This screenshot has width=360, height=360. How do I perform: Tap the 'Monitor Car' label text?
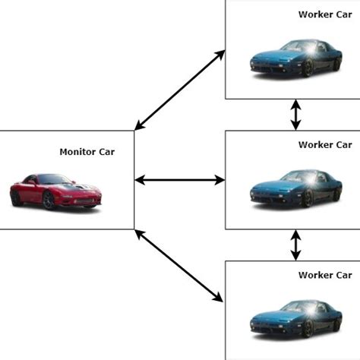(x=87, y=152)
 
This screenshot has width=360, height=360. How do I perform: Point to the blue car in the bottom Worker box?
(x=295, y=318)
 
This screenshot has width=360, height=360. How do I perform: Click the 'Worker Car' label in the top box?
(x=325, y=14)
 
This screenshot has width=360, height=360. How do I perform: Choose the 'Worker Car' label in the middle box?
(x=325, y=144)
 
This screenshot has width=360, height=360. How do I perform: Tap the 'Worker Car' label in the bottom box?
(x=325, y=274)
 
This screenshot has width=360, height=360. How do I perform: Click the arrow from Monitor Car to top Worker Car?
(x=179, y=90)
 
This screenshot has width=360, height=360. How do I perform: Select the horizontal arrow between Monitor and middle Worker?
(x=179, y=180)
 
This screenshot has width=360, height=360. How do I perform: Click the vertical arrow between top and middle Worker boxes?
(x=295, y=115)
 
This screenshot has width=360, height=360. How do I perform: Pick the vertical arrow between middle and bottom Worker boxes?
(x=295, y=245)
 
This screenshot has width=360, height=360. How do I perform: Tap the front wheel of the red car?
(x=49, y=201)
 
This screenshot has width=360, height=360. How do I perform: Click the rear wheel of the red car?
(x=17, y=197)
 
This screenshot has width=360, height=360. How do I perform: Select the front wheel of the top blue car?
(x=307, y=68)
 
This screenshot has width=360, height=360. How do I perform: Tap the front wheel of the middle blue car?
(x=307, y=199)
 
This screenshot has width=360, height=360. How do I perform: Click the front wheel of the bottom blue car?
(x=307, y=329)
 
